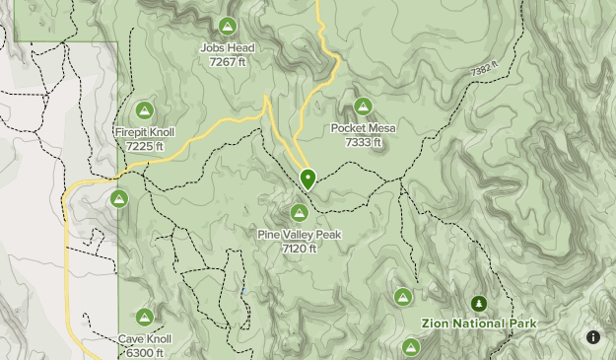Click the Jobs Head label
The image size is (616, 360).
[228, 47]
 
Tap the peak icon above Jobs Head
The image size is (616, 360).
[228, 26]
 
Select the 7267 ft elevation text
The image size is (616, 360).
[228, 61]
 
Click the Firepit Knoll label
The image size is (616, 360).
[145, 132]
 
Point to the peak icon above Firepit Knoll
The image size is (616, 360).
[145, 110]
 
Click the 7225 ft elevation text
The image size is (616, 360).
[145, 146]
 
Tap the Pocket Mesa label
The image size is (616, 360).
[363, 128]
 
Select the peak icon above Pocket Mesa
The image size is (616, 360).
[363, 107]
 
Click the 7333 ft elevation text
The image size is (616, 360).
[363, 142]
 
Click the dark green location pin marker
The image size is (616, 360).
[308, 179]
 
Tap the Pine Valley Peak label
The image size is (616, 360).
[299, 235]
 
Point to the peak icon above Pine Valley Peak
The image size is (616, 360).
[299, 213]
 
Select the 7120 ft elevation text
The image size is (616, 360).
[299, 249]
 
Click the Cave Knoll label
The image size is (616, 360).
[145, 339]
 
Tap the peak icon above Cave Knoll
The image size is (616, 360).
[145, 318]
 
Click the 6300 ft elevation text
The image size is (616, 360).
[145, 353]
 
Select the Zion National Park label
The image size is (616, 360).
[479, 324]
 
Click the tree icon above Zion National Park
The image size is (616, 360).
[479, 303]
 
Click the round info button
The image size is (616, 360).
[593, 337]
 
